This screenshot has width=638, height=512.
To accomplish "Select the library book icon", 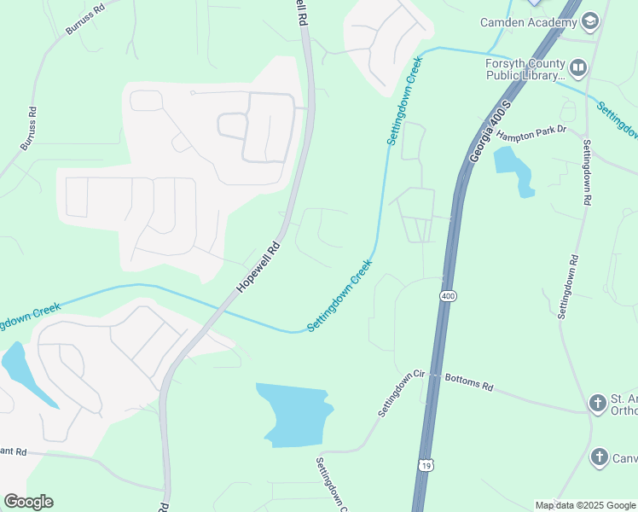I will (577, 67).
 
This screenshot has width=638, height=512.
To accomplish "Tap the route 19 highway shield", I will (425, 464).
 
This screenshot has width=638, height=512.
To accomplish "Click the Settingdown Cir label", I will (404, 393).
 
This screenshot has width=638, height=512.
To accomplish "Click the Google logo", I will (28, 502).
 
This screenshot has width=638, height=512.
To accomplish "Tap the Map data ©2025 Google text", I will (584, 505).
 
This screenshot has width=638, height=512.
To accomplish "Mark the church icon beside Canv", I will (599, 458).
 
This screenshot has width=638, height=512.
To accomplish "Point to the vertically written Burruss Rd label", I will (27, 129).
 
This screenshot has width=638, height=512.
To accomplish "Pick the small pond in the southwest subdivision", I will (22, 369).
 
